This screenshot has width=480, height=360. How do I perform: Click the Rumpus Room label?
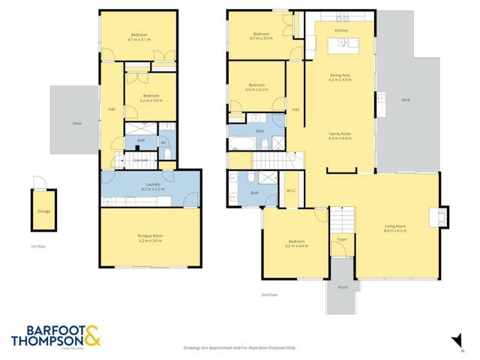150,237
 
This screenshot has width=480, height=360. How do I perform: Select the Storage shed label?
43,211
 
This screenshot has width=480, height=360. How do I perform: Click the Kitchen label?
341,30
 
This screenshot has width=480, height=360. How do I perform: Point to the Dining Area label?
340,76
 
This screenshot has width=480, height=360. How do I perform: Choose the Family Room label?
340,133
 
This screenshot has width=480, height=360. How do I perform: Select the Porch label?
343,287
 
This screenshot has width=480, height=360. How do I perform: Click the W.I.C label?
291,190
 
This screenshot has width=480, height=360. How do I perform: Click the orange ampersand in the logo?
92,335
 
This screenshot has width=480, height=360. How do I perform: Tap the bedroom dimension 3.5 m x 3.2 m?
256,90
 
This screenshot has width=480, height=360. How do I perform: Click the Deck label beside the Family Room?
405,100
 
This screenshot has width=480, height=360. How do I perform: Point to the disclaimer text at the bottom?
240,348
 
